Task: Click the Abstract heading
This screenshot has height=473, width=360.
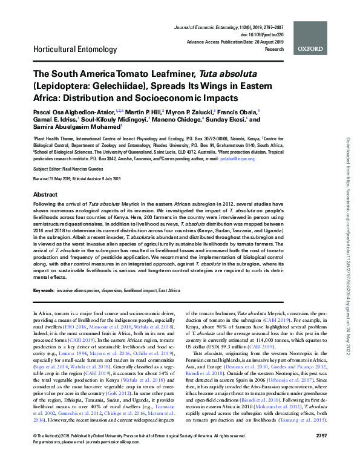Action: coord(45,195)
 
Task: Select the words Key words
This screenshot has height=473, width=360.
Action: coord(44,290)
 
